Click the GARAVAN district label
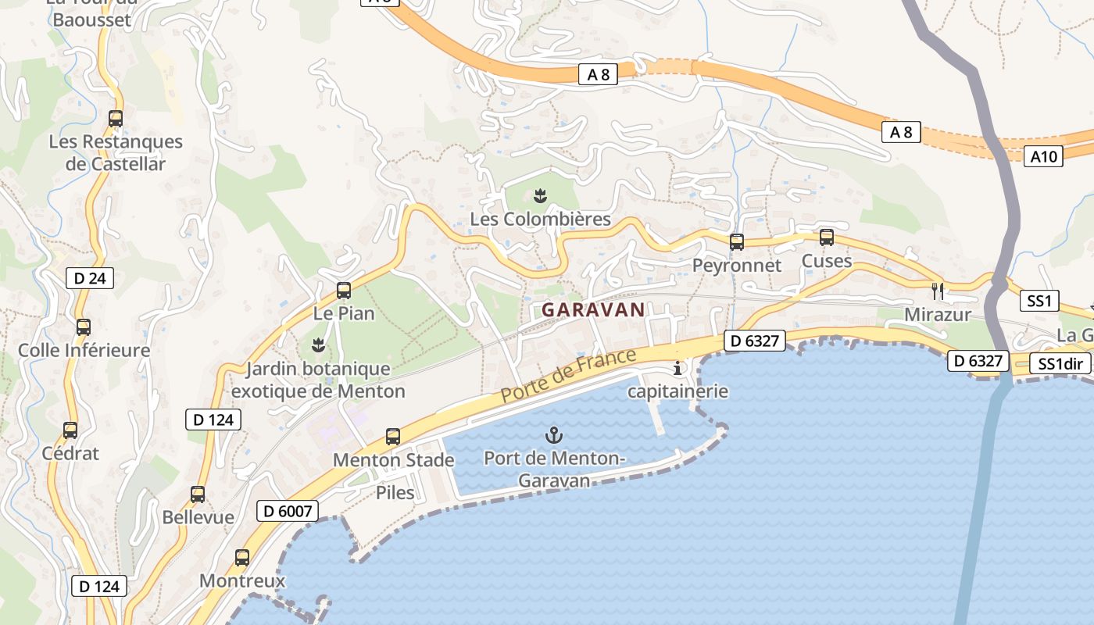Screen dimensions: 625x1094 [593, 309]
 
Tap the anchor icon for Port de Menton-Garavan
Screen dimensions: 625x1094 [554, 434]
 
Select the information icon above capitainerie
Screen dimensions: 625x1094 [677, 368]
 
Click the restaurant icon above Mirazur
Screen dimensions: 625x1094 [938, 291]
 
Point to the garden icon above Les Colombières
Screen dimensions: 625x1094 [540, 195]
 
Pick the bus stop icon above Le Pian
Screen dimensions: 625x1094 [344, 291]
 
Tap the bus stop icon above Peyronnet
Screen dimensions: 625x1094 [737, 242]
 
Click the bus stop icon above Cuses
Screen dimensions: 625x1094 [827, 237]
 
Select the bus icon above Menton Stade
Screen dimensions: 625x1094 [393, 437]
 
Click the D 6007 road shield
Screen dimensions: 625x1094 [288, 512]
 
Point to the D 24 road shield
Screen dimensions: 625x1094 [90, 278]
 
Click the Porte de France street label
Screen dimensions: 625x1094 [568, 376]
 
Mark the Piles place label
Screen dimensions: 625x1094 [395, 492]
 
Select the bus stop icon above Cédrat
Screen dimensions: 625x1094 [70, 430]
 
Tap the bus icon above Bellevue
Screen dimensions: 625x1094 [198, 495]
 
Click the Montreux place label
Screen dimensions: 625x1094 [242, 581]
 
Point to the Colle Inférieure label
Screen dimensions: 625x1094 [84, 350]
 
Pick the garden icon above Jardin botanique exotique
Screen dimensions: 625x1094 [318, 345]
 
